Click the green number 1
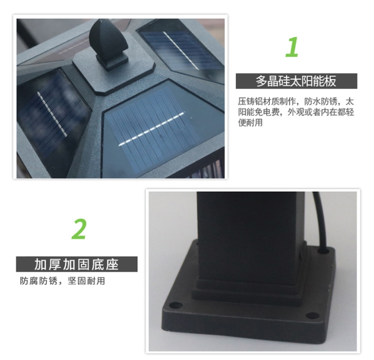click(x=292, y=47)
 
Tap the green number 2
click(x=79, y=229)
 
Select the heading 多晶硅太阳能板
click(x=296, y=81)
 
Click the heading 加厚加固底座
click(x=76, y=265)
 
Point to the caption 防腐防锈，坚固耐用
click(x=63, y=281)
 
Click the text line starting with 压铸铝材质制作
click(x=296, y=101)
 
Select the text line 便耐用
click(x=250, y=122)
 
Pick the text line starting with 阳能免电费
click(x=296, y=112)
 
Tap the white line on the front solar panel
click(x=152, y=129)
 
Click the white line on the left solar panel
click(x=52, y=114)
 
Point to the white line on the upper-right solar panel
click(x=181, y=50)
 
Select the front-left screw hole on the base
click(x=175, y=305)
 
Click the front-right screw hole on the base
click(x=313, y=315)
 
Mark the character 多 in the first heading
click(x=261, y=81)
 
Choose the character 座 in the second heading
click(x=112, y=265)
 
